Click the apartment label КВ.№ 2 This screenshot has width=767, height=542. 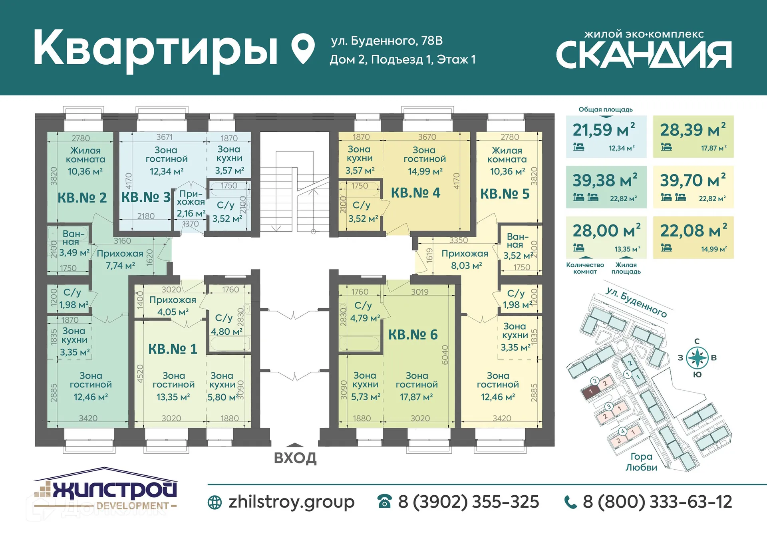tap(82, 197)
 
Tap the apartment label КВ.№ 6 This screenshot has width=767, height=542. tap(413, 334)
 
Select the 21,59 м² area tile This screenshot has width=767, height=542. tap(606, 137)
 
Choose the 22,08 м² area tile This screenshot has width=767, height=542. tap(693, 237)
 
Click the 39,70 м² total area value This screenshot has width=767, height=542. tap(692, 181)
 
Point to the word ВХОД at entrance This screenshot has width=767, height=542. tap(295, 458)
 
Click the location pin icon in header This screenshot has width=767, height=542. tap(303, 48)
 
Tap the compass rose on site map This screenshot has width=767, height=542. tap(697, 357)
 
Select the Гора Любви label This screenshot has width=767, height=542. tap(641, 462)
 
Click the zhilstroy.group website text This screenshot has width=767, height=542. tap(291, 502)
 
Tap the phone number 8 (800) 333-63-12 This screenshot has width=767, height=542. tap(657, 502)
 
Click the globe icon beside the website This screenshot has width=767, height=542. tap(215, 502)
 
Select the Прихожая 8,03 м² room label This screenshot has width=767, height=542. tap(465, 259)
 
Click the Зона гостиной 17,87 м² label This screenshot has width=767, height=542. tap(416, 386)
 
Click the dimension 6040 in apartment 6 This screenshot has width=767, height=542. tap(445, 355)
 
